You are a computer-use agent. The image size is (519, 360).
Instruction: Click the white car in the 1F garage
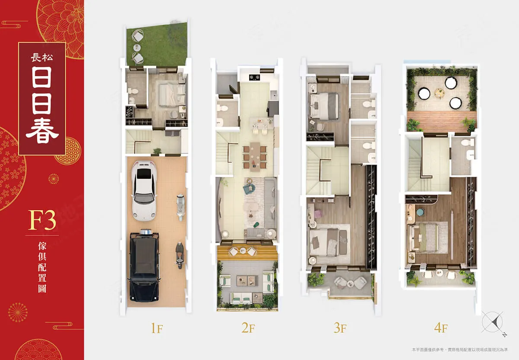144,191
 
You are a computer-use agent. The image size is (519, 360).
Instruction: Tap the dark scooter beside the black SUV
179,255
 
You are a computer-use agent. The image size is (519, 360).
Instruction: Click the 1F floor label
157,328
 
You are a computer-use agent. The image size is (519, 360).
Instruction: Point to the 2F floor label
248,328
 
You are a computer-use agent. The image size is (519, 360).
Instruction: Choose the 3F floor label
340,328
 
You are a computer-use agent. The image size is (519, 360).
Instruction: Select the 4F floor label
441,328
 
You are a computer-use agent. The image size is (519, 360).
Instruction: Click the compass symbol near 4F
493,323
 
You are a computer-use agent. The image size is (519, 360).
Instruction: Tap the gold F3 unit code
42,220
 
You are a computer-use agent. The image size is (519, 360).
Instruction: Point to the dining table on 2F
255,157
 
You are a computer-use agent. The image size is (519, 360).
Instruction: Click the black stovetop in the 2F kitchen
254,77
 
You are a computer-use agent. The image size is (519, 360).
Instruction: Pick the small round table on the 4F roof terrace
439,93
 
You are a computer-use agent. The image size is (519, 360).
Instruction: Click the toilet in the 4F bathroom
468,142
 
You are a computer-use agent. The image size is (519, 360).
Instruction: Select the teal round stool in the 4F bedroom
420,212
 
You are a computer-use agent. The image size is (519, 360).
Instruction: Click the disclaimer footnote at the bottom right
460,350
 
